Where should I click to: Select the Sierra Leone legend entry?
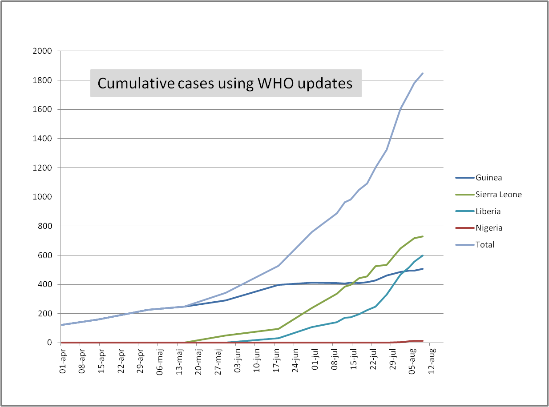tap(498, 195)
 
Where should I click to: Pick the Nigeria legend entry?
tap(489, 228)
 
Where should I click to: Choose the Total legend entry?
tap(485, 245)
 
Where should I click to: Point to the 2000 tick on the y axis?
tap(42, 51)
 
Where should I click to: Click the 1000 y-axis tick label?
tap(42, 197)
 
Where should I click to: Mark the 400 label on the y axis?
tap(45, 284)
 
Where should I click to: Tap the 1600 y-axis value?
tap(42, 109)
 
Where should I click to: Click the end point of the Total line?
tap(423, 73)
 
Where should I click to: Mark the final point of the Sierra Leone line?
tap(423, 236)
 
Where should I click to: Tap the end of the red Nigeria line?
tap(423, 341)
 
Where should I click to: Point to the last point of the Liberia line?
tap(423, 255)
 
